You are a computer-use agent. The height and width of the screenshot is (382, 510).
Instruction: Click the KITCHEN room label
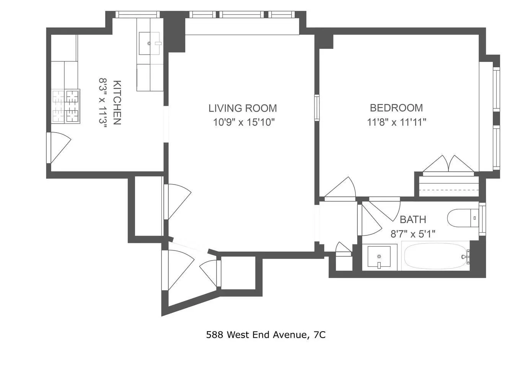pos(117,103)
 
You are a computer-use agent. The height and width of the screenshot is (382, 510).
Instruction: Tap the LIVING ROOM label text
pos(243,108)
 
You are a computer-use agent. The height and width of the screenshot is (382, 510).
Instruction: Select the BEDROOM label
pos(396,108)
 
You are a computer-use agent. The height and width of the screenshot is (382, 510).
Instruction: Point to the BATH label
pos(413,219)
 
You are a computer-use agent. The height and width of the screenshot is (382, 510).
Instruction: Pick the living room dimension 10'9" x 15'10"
pos(244,122)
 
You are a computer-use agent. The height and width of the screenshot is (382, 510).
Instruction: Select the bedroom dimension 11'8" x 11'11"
pos(397,122)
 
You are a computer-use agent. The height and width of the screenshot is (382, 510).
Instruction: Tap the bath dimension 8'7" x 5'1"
pos(413,234)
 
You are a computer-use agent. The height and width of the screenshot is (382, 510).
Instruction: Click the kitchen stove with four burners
pos(65,106)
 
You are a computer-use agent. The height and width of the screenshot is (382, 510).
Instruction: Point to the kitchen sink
pos(150,44)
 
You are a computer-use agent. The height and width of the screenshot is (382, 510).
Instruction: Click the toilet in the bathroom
pos(463,218)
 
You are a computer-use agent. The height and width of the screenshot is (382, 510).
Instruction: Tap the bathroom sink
pos(379,257)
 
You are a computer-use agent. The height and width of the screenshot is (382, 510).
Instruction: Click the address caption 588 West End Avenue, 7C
pos(266,335)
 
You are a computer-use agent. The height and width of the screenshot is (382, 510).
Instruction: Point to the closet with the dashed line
pos(449,186)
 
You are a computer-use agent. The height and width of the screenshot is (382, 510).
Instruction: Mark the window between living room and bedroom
pos(317,108)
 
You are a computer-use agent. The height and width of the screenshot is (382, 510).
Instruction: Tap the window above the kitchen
pos(138,15)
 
